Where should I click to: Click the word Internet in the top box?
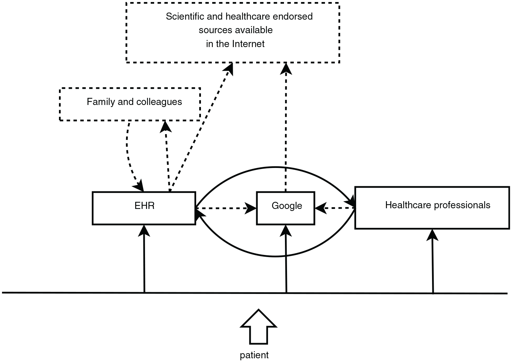click(x=248, y=44)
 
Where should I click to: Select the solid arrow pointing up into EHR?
click(x=144, y=259)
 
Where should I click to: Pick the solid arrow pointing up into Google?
click(x=286, y=259)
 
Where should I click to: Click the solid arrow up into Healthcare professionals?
click(x=433, y=261)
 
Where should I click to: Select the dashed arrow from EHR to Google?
click(x=226, y=208)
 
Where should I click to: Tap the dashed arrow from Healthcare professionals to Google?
click(x=335, y=208)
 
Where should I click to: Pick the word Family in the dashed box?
click(x=101, y=102)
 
